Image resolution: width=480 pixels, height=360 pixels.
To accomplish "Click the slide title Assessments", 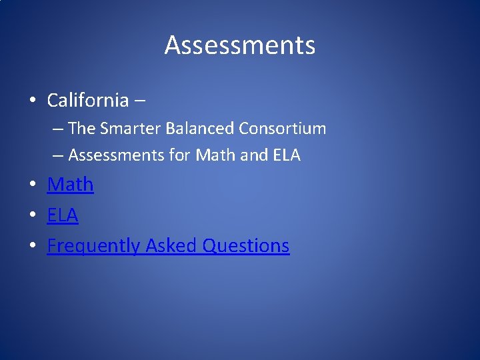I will [x=240, y=45].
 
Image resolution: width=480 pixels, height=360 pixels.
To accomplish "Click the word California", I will [x=87, y=101].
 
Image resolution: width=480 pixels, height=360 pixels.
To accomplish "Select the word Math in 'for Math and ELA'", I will [x=212, y=155].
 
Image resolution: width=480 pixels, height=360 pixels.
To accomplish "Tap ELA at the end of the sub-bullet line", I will [x=286, y=155].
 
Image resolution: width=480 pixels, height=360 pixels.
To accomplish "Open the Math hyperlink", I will [x=70, y=184].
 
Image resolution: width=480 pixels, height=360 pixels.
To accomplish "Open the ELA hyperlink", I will [x=63, y=215].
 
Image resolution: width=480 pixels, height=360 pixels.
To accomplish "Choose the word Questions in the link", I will [x=246, y=246].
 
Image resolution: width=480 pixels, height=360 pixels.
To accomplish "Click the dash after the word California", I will [x=140, y=101].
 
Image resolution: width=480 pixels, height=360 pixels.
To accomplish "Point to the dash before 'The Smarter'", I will [x=58, y=129].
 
